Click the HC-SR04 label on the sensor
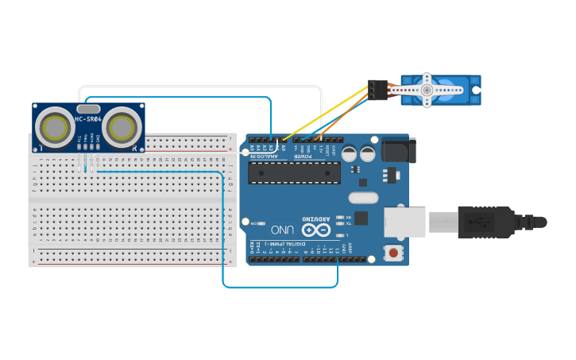(x=88, y=120)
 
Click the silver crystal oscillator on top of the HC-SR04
(x=88, y=108)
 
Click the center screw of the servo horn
(x=427, y=90)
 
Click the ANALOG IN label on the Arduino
(x=265, y=157)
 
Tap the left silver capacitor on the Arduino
(x=350, y=153)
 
